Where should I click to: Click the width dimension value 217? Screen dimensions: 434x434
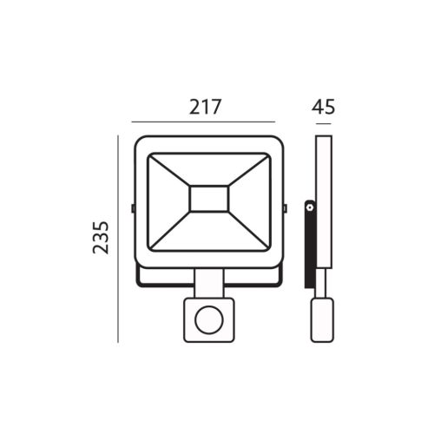pos(205,107)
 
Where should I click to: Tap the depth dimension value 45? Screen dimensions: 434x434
pos(323,107)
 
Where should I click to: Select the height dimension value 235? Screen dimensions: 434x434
pos(101,238)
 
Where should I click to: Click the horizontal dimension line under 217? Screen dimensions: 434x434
pos(203,122)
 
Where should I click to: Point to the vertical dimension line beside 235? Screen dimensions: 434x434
pos(118,239)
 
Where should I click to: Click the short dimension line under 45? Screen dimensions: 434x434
pos(324,124)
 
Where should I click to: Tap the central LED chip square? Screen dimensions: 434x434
pos(208,199)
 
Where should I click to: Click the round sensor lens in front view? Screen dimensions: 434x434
pos(209,320)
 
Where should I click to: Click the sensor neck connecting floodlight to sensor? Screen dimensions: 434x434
pos(209,283)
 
